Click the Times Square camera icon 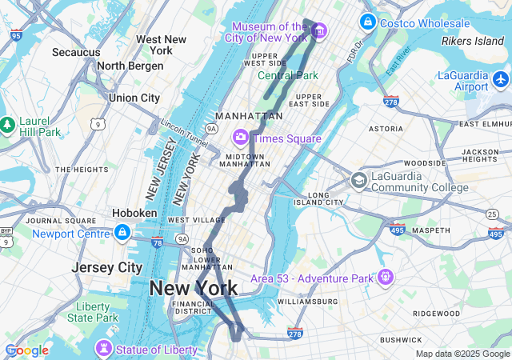pos(240,138)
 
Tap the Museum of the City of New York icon pos(319,31)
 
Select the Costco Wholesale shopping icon pos(367,22)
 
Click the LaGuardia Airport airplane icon pos(501,79)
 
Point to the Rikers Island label pos(473,41)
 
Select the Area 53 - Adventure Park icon pos(386,277)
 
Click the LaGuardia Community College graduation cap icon pos(358,181)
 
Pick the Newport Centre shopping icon pos(122,233)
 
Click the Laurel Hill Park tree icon pos(7,125)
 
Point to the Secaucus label pos(76,52)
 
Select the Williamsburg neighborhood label pos(308,302)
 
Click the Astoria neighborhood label pos(386,128)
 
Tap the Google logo pos(26,350)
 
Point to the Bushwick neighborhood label pos(401,340)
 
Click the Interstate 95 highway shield pos(17,35)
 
